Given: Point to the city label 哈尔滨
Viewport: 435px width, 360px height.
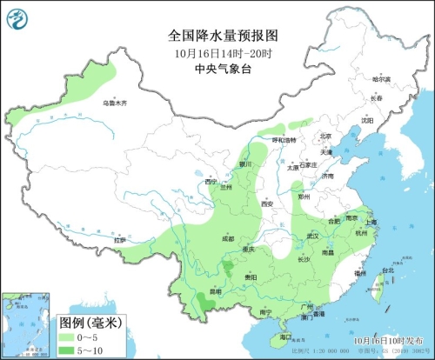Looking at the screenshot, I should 380,79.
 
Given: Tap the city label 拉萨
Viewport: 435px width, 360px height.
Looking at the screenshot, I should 120,239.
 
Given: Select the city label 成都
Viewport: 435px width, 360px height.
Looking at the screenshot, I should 227,237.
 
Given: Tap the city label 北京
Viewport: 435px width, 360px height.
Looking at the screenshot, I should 325,136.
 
